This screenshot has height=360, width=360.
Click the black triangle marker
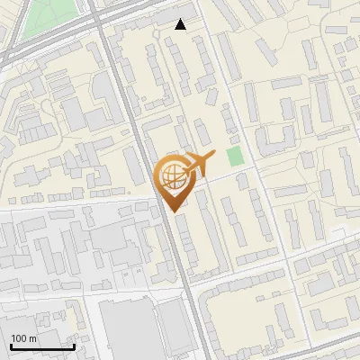181,24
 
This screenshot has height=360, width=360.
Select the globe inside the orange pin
171,176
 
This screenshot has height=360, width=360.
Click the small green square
235,157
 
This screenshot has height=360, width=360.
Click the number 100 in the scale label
19,338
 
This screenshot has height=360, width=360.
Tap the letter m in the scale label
33,338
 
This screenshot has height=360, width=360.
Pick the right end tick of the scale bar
74,346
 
